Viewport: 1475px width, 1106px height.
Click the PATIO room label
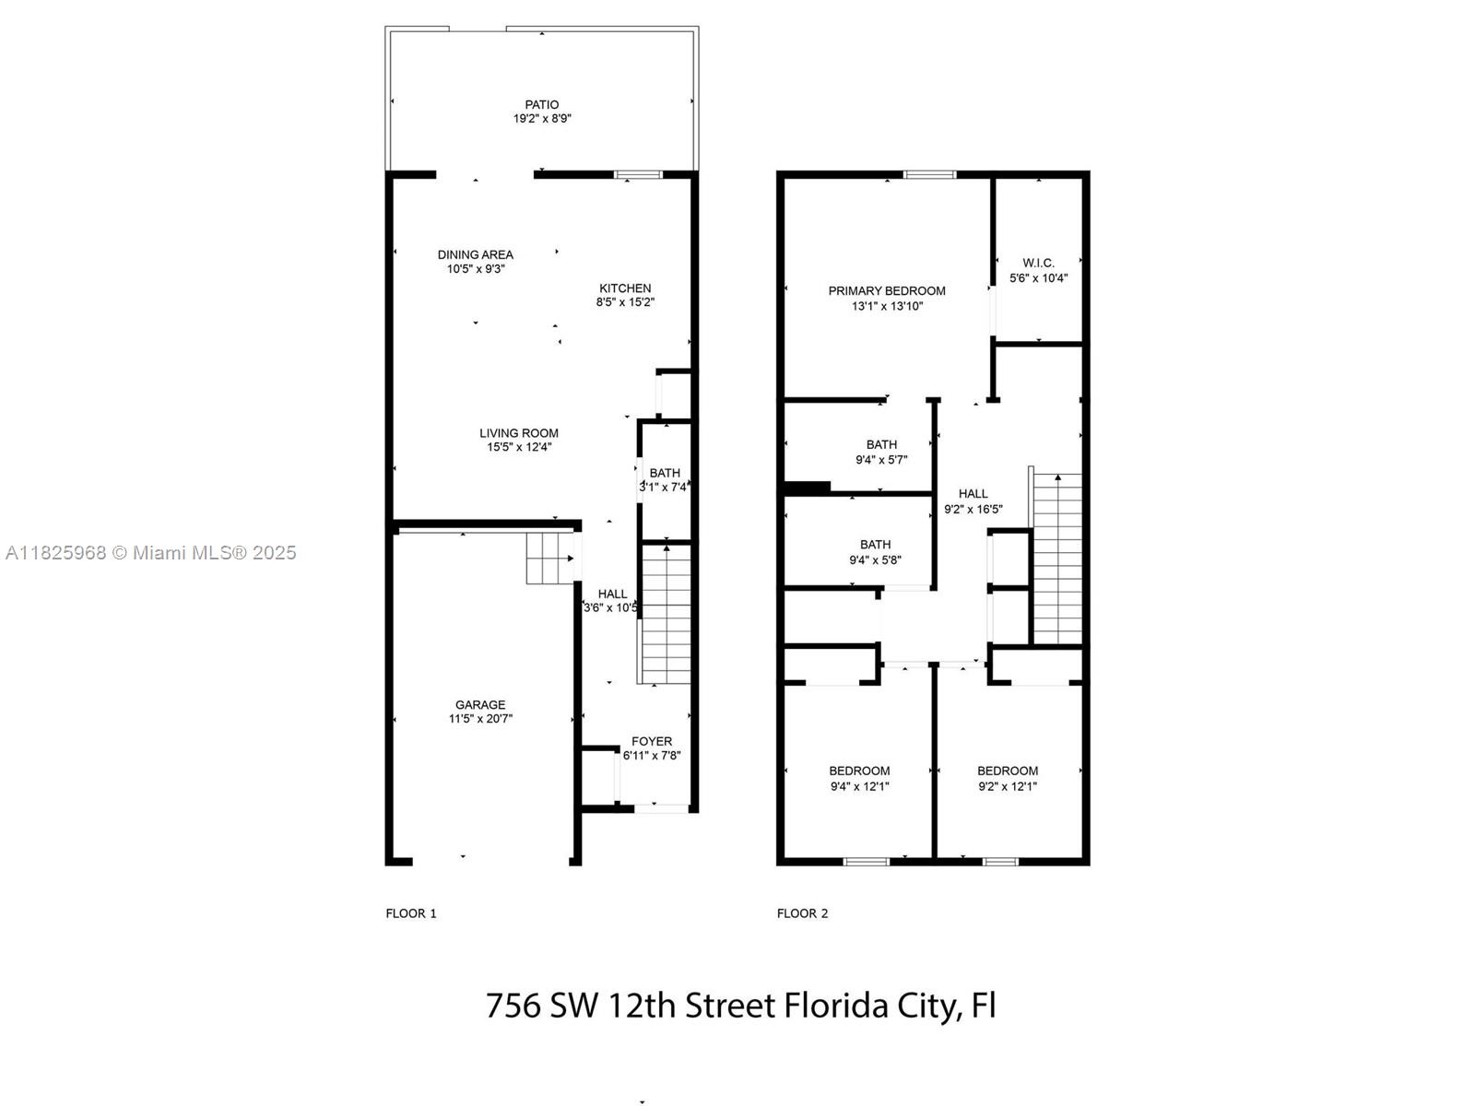542,105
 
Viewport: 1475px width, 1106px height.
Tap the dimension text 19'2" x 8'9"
542,119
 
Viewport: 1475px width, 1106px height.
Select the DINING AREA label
476,254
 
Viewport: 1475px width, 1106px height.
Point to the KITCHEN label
625,288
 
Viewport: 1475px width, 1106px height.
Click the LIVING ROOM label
519,433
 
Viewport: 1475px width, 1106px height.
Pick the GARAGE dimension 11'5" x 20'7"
480,719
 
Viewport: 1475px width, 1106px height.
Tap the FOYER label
652,741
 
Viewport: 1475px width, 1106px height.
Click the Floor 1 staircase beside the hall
666,613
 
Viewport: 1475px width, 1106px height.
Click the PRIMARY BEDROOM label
887,291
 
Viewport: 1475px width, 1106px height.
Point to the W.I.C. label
1038,264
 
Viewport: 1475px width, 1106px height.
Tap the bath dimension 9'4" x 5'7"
881,460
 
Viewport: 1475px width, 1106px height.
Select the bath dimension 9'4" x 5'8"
875,559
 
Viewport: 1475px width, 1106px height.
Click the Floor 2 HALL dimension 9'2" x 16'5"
973,509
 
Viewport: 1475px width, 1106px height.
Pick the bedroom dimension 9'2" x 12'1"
1008,786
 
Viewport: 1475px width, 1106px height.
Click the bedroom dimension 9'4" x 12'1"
859,786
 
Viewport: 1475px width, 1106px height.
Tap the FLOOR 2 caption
802,913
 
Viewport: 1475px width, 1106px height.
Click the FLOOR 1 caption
411,913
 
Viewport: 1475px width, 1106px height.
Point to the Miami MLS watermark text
151,553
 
